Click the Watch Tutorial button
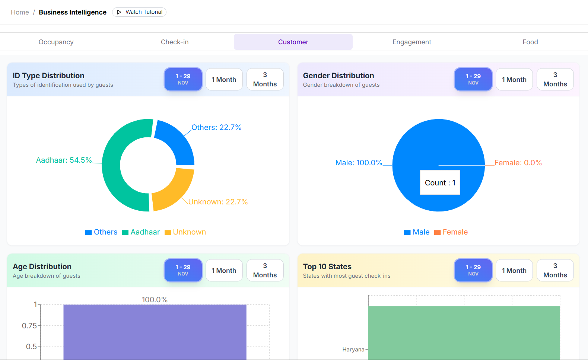tap(139, 12)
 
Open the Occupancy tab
tap(56, 42)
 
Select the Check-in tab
tap(175, 42)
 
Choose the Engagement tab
tap(411, 42)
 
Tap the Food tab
tap(530, 42)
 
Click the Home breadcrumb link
tap(20, 12)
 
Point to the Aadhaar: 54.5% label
tap(64, 160)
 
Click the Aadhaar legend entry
tap(141, 232)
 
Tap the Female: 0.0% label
tap(518, 163)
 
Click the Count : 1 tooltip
tap(440, 182)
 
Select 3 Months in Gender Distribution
tap(555, 79)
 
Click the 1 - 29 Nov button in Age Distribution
tap(183, 270)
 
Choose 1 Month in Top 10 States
tap(514, 270)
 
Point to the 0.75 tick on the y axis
tap(29, 326)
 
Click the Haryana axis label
tap(353, 350)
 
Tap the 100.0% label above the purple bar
tap(155, 300)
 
